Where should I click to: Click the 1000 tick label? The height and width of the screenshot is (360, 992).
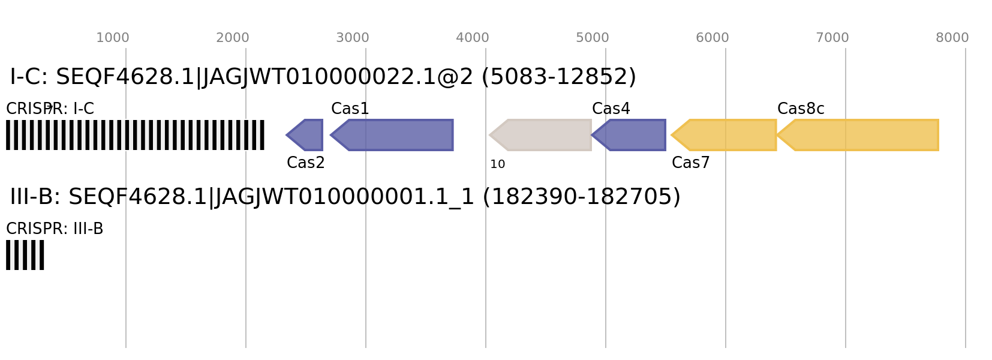(113, 38)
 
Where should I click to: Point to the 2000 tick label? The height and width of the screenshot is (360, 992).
(232, 38)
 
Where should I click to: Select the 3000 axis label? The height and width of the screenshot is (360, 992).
(352, 38)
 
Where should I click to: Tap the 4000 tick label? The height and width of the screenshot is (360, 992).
(472, 38)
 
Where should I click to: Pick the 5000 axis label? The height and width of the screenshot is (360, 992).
(592, 38)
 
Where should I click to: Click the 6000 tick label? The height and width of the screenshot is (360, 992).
(712, 38)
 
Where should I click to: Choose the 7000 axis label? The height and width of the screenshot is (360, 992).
(832, 38)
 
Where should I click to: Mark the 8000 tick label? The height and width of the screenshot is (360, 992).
(952, 38)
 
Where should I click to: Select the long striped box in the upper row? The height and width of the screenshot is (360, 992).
(135, 135)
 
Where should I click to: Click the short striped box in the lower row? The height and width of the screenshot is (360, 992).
(25, 255)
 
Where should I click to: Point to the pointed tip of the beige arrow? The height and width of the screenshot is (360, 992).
(489, 135)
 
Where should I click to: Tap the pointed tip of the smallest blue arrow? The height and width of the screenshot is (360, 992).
(286, 135)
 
